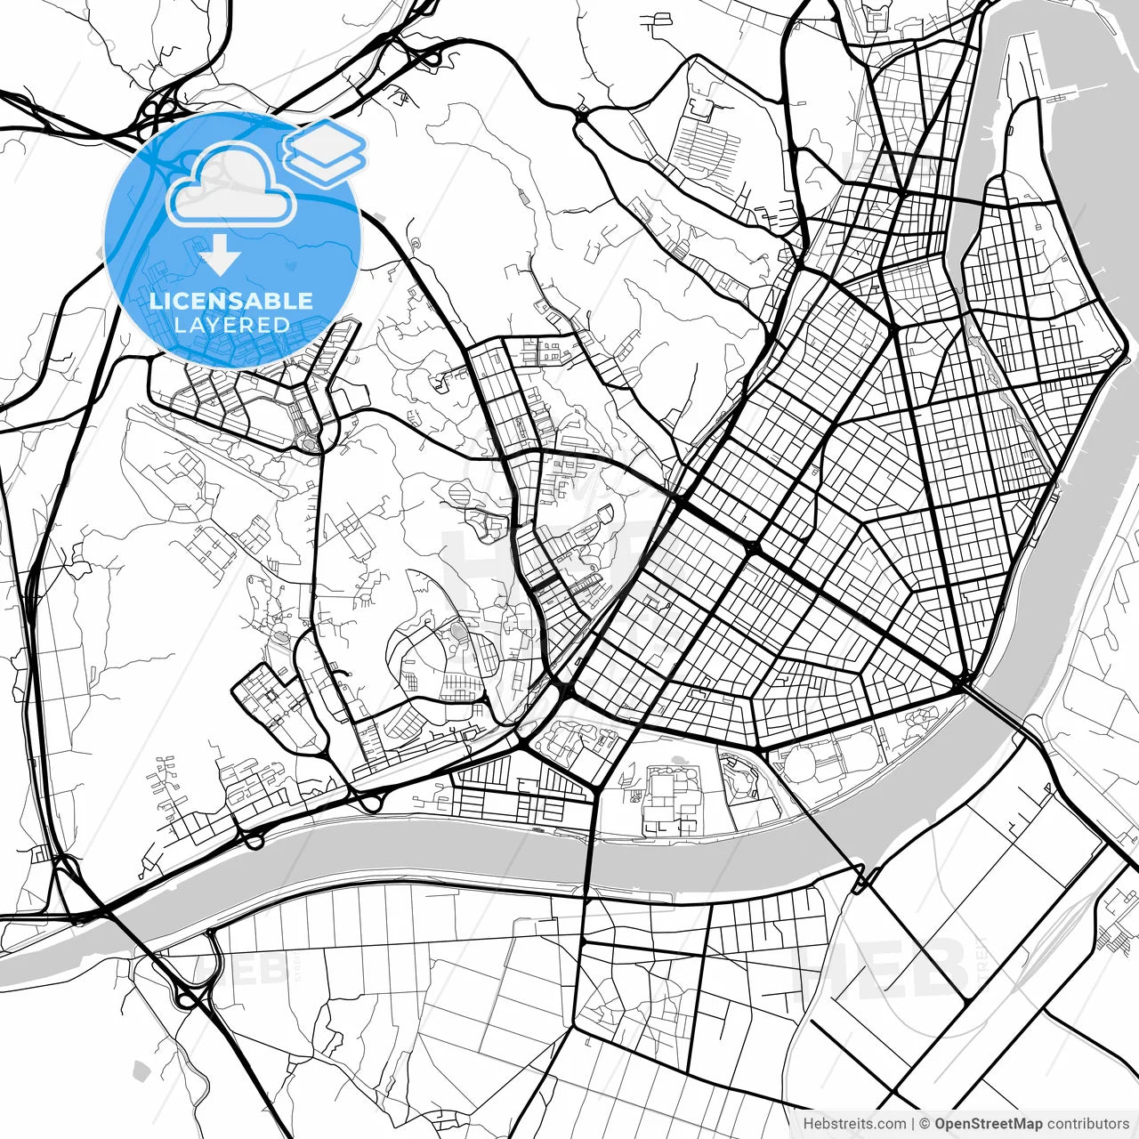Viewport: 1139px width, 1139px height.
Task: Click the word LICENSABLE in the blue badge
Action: tap(231, 300)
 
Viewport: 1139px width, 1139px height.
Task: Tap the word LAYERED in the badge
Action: tap(231, 324)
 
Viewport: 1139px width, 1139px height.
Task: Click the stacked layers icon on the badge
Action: tap(325, 151)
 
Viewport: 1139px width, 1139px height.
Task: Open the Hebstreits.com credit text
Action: tap(854, 1124)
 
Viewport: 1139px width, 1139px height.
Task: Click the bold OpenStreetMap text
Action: tap(988, 1124)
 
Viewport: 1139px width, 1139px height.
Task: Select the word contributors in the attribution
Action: tap(1087, 1124)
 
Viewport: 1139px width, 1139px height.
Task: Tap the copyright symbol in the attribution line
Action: tap(925, 1124)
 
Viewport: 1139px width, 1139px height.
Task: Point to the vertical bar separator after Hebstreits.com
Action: tap(913, 1124)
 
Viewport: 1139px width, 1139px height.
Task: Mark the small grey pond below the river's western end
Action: tap(139, 1069)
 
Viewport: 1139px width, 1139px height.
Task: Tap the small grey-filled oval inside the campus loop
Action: tap(457, 631)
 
